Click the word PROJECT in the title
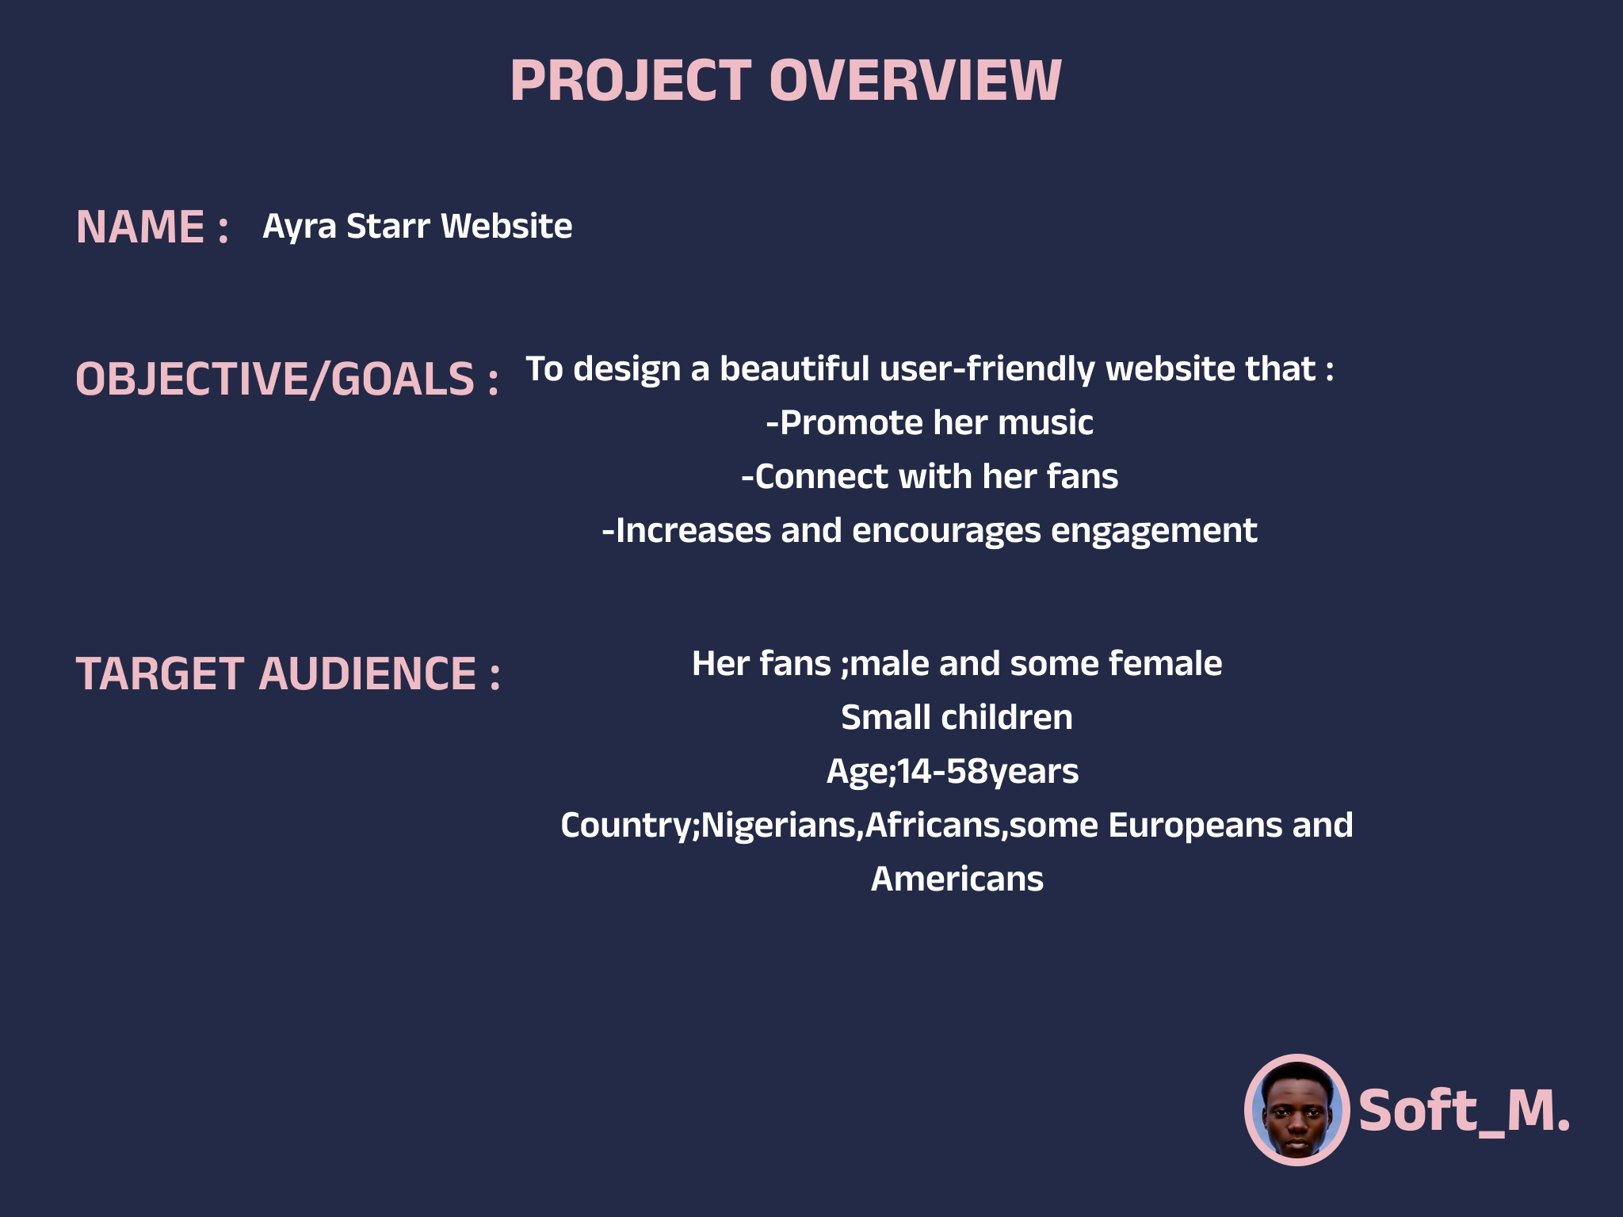[631, 81]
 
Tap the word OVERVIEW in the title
[915, 81]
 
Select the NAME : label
[153, 227]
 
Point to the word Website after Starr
[506, 226]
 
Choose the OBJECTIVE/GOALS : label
[288, 378]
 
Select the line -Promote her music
[930, 422]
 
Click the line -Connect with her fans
[930, 476]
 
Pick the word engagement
[1154, 532]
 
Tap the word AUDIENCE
[368, 673]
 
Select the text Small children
[957, 717]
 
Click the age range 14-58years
[987, 772]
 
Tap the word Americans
[957, 879]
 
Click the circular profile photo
[1296, 1109]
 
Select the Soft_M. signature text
[1465, 1111]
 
